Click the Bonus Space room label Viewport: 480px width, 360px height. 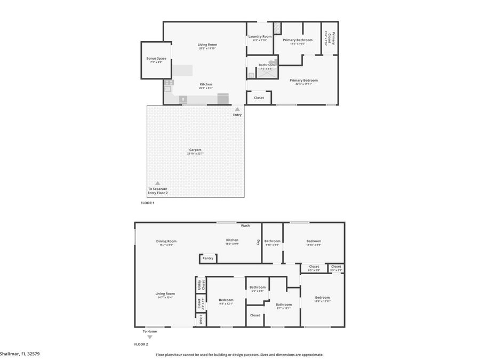tap(156, 58)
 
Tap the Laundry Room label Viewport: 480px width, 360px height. tap(260, 36)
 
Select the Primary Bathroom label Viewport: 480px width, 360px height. tap(298, 40)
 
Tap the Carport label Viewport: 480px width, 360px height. tap(195, 150)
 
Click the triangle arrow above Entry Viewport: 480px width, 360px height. tap(237, 109)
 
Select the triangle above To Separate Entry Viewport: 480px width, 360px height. tap(157, 183)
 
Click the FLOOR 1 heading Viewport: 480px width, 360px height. tap(147, 203)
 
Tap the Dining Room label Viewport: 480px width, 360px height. tap(166, 241)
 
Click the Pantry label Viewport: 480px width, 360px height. tap(208, 259)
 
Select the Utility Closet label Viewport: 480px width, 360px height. tap(201, 285)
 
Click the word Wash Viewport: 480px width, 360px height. tap(245, 226)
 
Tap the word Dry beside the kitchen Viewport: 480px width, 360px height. tap(258, 242)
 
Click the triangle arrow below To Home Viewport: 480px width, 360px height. tap(149, 337)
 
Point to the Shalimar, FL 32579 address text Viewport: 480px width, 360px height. tap(20, 354)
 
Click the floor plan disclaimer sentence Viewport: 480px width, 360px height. tap(239, 355)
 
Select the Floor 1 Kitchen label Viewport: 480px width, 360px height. tap(206, 84)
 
